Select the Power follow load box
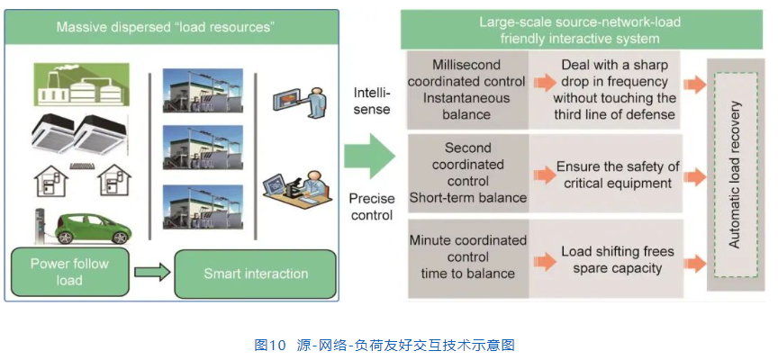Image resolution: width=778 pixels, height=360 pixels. [68, 272]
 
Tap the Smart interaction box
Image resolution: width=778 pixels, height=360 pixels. [256, 274]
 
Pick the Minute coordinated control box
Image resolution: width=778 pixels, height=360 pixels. [467, 257]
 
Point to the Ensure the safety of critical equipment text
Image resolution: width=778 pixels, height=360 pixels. [618, 175]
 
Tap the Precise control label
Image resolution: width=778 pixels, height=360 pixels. [372, 206]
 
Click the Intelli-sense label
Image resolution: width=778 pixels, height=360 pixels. [372, 101]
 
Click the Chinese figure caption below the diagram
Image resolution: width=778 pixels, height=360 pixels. [384, 345]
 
